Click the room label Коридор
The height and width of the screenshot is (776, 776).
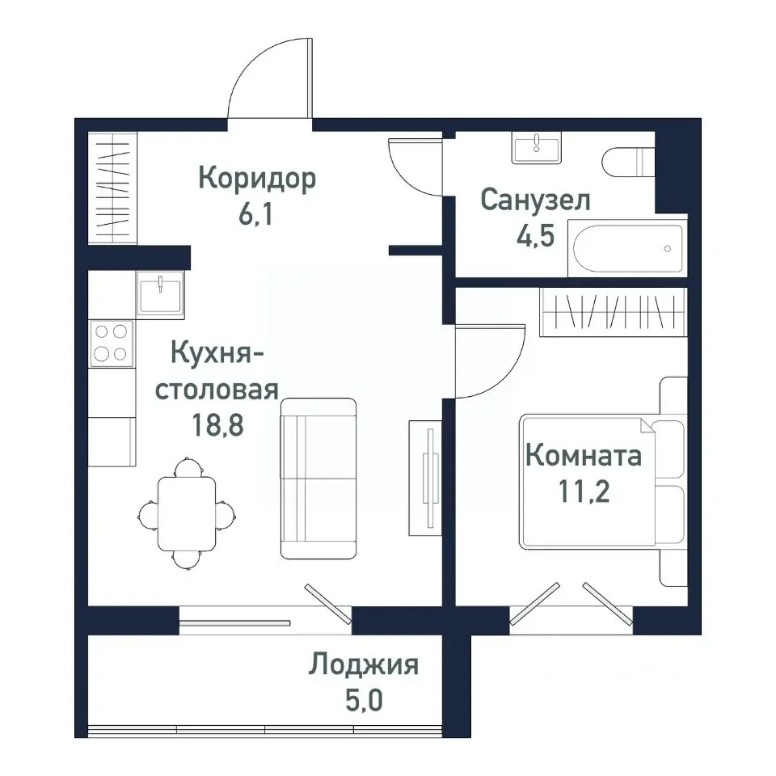point(256,179)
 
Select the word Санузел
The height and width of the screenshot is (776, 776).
point(535,200)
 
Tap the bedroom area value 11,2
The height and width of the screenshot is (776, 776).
point(584,491)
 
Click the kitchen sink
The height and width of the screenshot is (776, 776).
point(160,293)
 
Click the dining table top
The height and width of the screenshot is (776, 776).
point(186,512)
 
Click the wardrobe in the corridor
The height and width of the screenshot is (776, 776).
point(112,187)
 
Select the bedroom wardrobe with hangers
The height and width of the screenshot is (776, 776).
point(612,311)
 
